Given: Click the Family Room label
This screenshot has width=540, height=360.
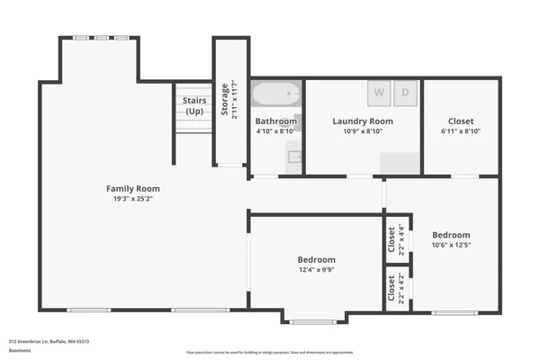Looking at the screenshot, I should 133,188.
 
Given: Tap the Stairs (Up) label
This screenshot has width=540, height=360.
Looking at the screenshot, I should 193,105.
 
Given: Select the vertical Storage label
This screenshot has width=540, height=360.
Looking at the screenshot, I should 225,99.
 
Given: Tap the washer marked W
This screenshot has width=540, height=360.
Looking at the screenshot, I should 378,93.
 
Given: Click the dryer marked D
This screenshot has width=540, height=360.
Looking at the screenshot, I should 406,93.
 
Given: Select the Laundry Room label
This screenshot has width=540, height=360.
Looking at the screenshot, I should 363,121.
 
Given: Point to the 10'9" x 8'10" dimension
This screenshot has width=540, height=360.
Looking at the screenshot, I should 363,130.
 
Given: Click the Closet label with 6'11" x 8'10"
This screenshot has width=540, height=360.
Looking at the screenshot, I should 462,121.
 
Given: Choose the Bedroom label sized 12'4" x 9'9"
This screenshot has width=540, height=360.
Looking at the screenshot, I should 317,259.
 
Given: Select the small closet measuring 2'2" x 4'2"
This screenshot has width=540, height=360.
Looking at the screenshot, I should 397,288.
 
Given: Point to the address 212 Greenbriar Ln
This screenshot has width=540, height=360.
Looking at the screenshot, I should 49,342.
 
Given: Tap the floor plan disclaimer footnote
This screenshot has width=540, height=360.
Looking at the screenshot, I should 269,352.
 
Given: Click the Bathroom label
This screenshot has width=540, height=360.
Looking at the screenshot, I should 275,121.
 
